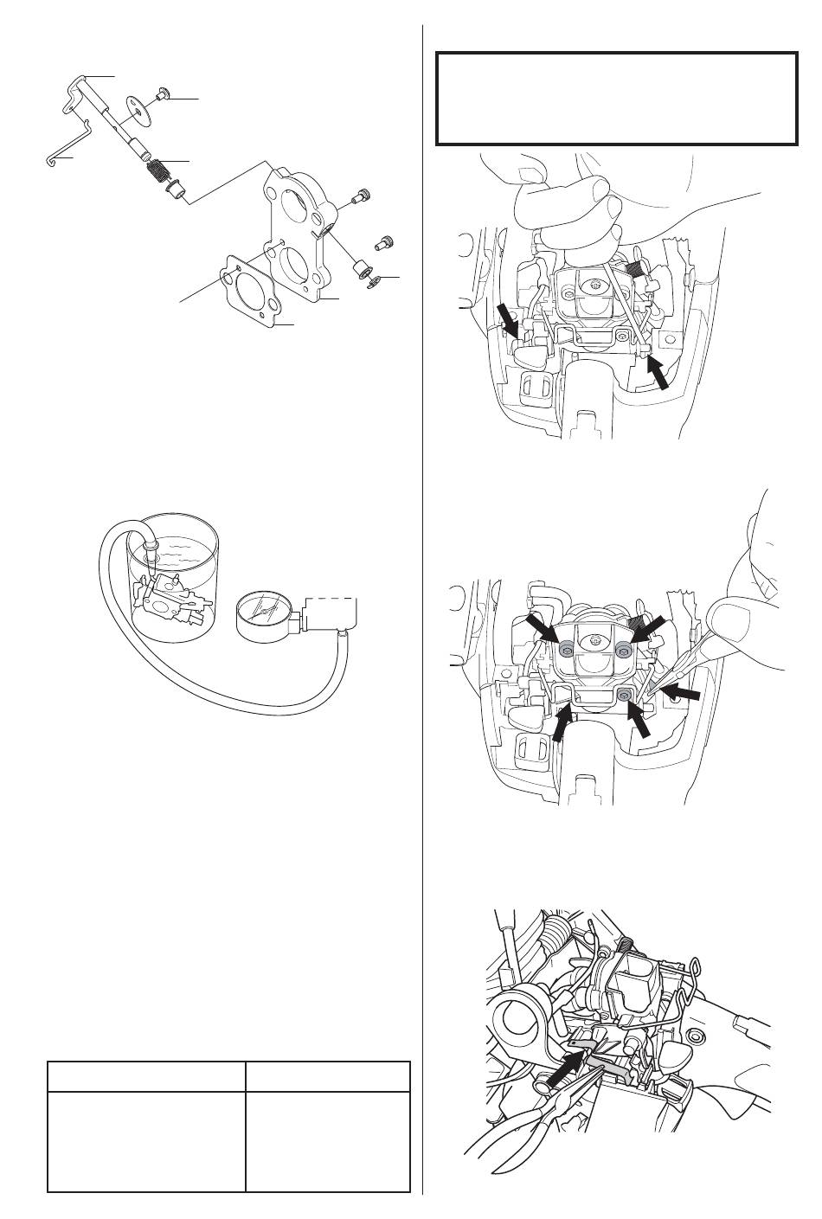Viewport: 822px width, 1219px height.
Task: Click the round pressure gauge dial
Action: coord(265,617)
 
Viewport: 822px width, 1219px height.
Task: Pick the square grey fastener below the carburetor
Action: coord(624,694)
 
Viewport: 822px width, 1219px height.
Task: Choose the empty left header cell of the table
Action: coord(146,1076)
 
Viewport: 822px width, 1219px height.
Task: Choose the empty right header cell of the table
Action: coord(328,1076)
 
